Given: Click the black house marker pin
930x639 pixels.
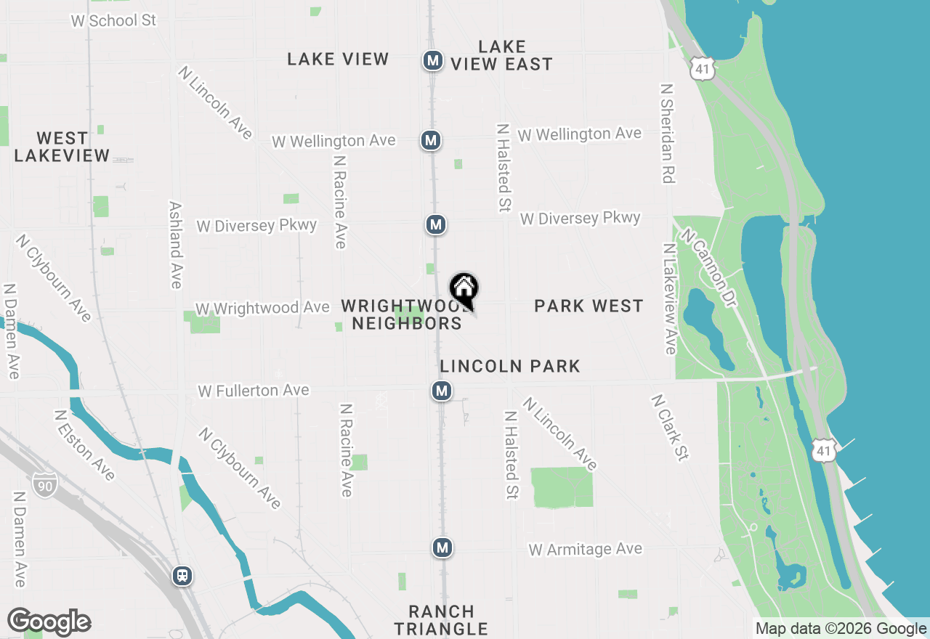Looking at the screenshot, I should [x=464, y=290].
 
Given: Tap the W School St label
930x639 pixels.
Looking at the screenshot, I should [x=113, y=20].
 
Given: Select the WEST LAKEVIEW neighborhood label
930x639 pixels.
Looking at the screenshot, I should [x=62, y=147].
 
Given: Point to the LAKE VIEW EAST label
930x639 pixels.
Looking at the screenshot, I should [x=501, y=56].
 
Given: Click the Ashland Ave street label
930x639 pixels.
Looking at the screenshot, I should [x=175, y=245].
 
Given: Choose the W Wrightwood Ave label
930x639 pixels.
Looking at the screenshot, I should [x=262, y=309].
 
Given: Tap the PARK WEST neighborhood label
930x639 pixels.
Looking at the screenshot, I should [x=589, y=306].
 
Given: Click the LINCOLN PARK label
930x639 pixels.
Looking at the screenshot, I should [x=510, y=366].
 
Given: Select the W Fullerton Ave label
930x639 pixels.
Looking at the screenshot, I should [x=254, y=391].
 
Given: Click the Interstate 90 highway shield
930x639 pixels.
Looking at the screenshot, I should [x=45, y=485].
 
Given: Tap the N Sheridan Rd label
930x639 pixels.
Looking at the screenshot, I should [x=667, y=133].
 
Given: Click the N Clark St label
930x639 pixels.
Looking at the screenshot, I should [x=669, y=428].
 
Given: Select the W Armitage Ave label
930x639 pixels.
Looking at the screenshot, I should [x=586, y=549].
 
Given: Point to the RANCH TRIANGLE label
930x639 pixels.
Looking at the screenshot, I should [x=441, y=620].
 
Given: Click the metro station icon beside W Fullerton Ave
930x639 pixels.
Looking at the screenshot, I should [x=442, y=391].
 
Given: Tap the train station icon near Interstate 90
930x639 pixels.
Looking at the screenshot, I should [x=182, y=576].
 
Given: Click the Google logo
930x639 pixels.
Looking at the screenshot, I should [x=49, y=622].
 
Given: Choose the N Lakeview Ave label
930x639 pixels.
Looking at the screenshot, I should [x=669, y=298].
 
